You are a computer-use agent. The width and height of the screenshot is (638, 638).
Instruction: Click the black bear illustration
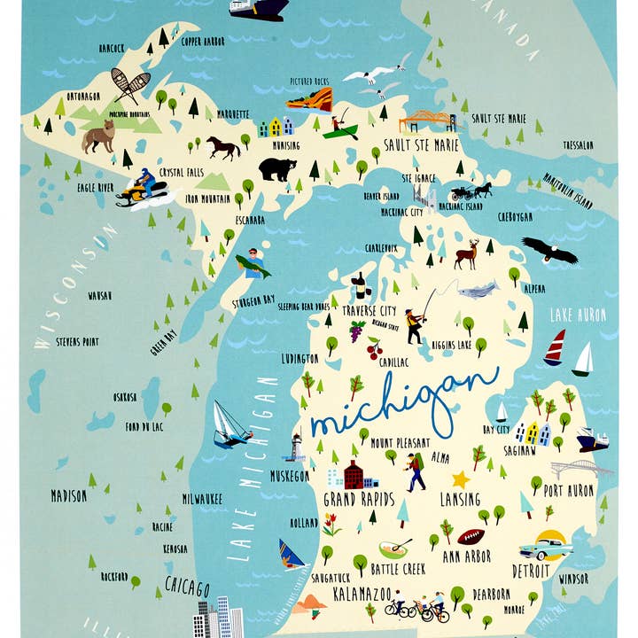(277, 168)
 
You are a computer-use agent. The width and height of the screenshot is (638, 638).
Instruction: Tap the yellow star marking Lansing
(461, 479)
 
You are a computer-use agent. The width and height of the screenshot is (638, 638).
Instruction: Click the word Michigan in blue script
(403, 403)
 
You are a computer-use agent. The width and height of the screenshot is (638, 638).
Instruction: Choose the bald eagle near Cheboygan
(549, 251)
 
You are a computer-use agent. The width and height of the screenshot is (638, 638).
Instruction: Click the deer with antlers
(467, 255)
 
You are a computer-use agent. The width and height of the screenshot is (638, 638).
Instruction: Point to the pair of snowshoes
(129, 85)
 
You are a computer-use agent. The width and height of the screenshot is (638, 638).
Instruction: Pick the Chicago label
(187, 588)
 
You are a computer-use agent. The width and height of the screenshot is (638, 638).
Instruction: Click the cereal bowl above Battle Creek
(394, 549)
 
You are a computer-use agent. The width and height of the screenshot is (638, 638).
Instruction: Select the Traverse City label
(370, 311)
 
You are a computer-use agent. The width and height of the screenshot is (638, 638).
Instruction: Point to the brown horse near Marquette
(223, 146)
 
